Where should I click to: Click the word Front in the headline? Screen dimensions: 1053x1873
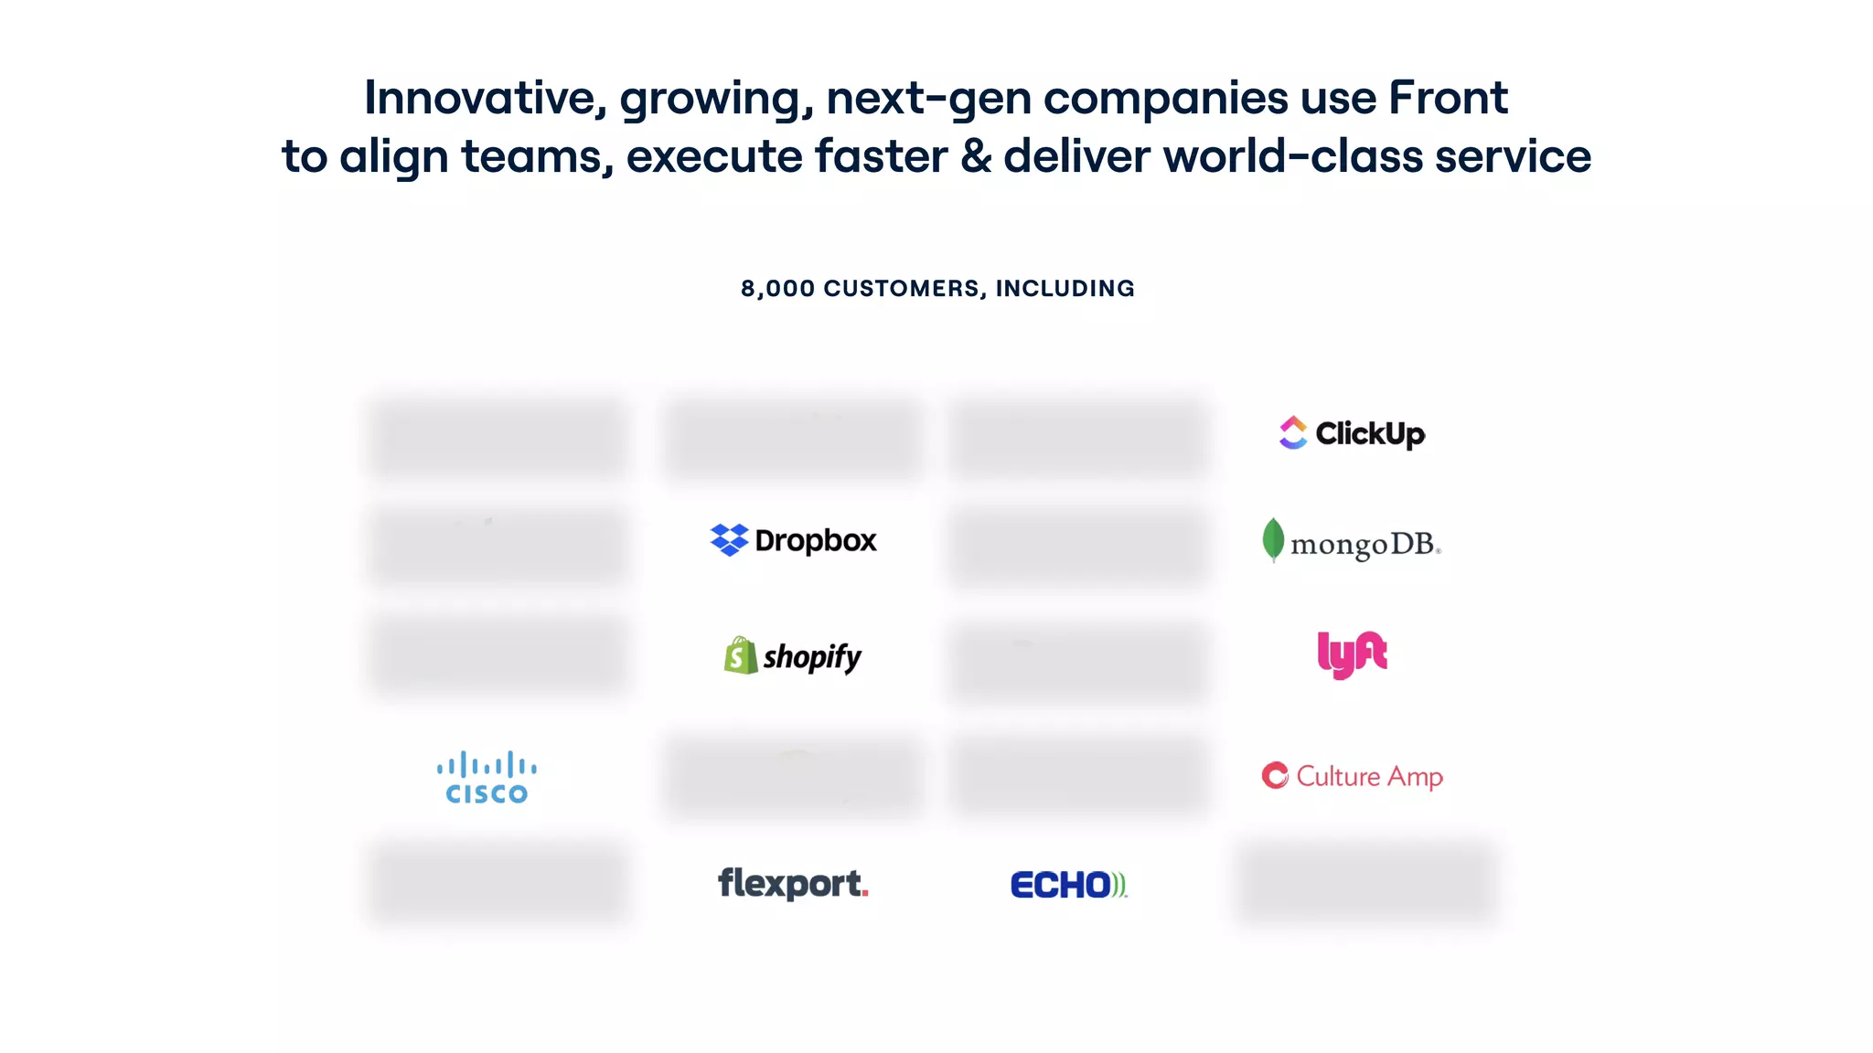(1448, 98)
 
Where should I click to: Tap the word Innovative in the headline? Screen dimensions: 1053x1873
(485, 98)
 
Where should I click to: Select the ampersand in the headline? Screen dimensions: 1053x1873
(976, 156)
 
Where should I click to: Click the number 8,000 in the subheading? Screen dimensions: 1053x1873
(777, 289)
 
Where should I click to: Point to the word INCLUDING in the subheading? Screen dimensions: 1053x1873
(1065, 289)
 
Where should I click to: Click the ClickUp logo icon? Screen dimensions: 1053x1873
(1293, 432)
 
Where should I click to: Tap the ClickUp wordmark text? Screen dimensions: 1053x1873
(1370, 433)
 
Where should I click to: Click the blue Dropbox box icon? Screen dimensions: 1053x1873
(729, 539)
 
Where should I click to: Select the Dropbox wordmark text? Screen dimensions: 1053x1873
(816, 540)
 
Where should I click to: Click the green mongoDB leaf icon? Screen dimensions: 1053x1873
(1272, 539)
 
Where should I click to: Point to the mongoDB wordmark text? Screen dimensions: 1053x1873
(1364, 545)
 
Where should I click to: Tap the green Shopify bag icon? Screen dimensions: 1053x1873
(740, 655)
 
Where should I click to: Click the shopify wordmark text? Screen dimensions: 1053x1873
(812, 657)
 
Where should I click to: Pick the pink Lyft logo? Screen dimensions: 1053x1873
(1352, 654)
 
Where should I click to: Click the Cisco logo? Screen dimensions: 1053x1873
(487, 778)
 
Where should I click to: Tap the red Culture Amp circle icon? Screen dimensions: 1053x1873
(1275, 775)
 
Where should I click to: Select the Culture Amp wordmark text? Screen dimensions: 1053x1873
(1369, 776)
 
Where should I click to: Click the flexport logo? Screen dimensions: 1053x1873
(793, 883)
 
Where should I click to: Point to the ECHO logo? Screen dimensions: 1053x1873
(1068, 884)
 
